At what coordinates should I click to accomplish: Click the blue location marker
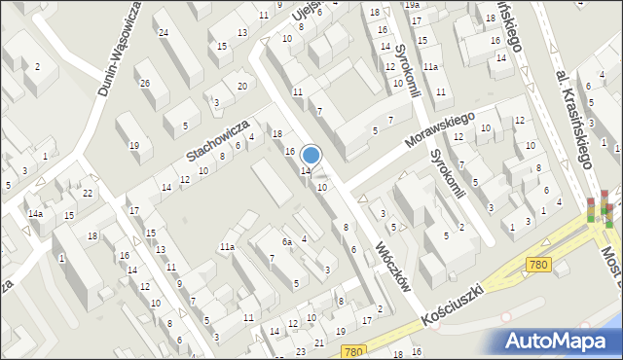tap(311, 155)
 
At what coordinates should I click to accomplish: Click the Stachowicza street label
tap(218, 142)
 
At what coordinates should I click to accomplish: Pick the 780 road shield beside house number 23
tap(354, 351)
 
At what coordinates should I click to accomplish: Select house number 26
tap(144, 83)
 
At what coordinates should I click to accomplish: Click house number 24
tap(164, 33)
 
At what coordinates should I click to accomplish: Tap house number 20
tap(241, 86)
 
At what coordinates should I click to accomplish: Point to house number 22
tap(87, 193)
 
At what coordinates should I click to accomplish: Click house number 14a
tap(35, 213)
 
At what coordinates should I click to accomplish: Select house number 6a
tap(287, 241)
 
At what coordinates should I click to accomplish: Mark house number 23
tap(301, 351)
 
